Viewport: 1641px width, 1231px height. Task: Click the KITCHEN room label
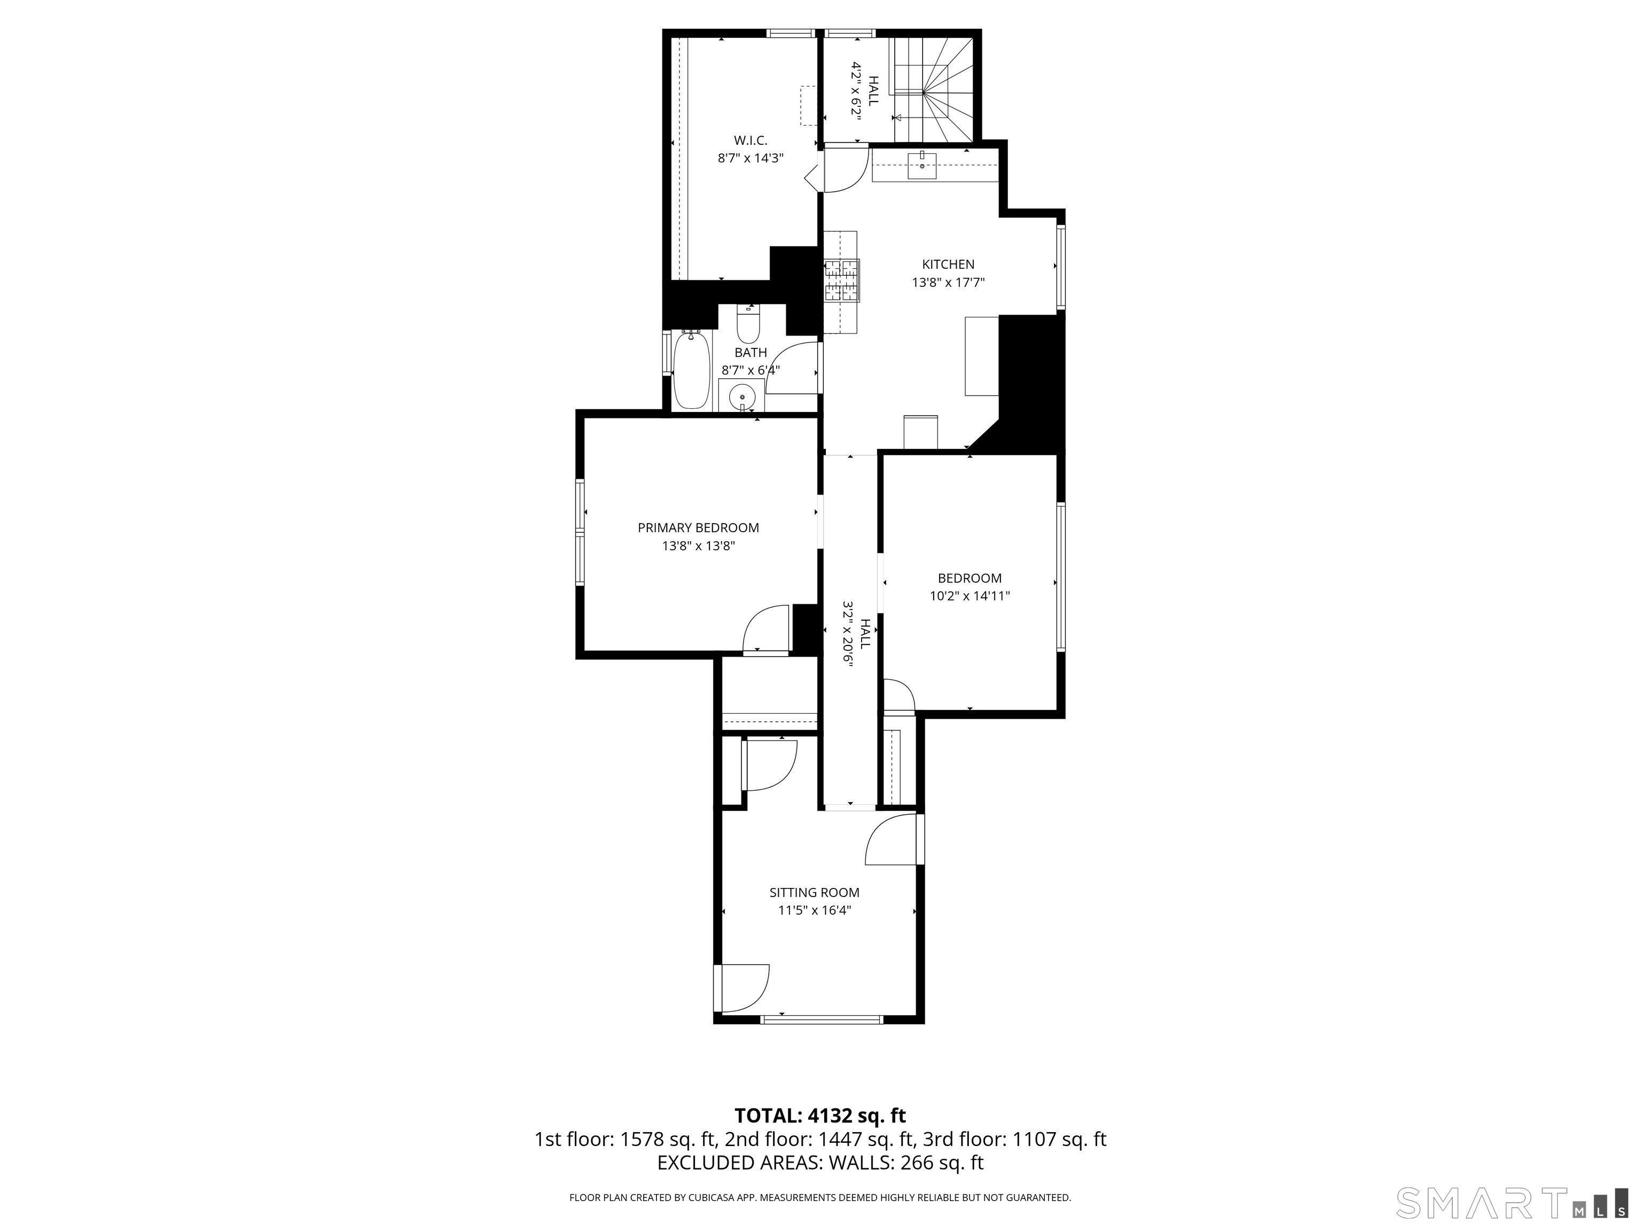point(948,264)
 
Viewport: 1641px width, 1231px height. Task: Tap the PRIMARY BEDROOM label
point(698,527)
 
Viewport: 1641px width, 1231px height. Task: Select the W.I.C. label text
point(750,140)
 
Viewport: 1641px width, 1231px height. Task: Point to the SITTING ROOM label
point(814,893)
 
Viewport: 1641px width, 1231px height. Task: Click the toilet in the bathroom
point(748,324)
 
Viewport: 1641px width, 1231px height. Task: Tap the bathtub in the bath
point(691,370)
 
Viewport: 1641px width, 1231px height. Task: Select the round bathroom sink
point(742,398)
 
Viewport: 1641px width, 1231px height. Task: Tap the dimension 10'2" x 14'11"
point(970,596)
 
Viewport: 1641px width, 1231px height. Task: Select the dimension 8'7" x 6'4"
point(750,370)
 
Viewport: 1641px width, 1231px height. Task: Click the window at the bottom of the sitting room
point(822,1019)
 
